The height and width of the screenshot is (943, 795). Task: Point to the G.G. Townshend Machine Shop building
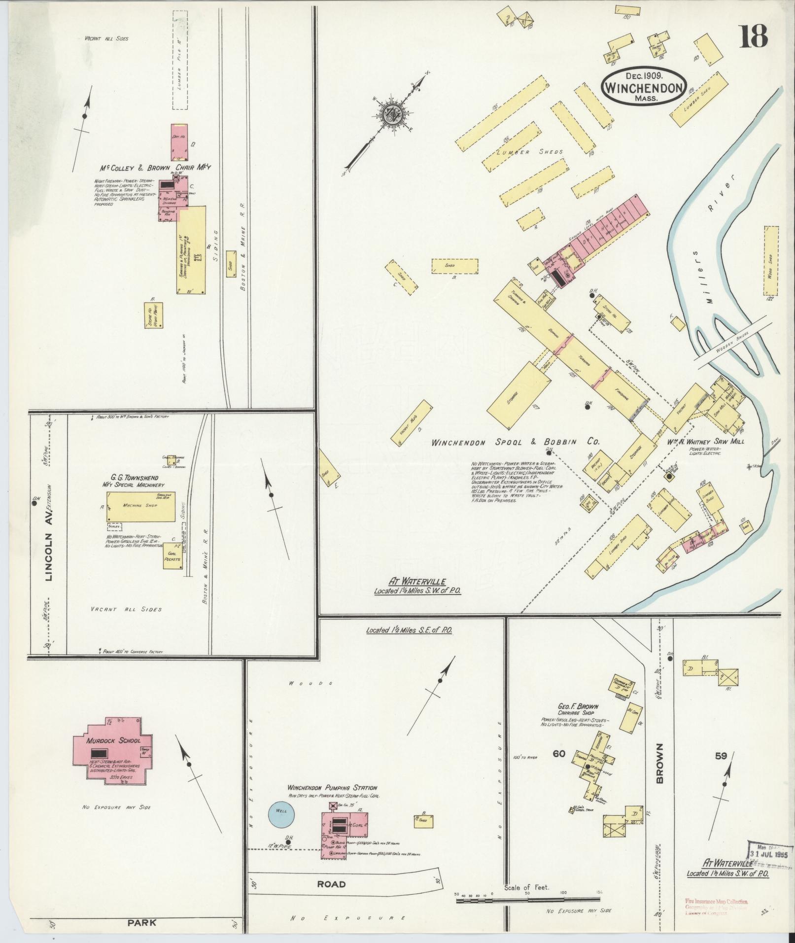coord(141,506)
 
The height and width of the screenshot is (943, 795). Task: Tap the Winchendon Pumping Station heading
coord(333,788)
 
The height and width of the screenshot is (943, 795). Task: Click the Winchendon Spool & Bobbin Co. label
coord(515,442)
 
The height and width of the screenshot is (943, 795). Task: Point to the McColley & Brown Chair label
coord(153,167)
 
